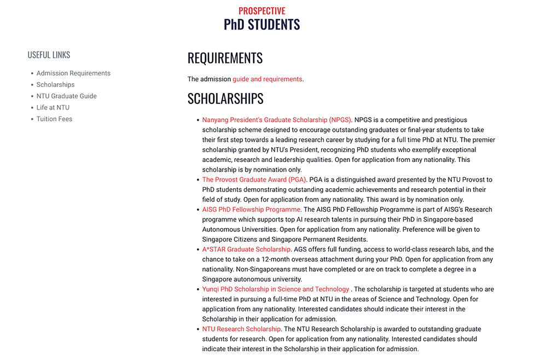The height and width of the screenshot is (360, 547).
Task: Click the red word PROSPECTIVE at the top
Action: point(261,11)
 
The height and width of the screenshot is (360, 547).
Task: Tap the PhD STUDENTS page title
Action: point(261,25)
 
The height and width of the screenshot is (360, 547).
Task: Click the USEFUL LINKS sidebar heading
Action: point(49,55)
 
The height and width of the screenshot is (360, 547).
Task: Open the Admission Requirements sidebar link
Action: point(73,73)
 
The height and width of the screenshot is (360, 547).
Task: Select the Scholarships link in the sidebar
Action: point(55,85)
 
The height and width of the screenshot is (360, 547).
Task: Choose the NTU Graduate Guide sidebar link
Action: point(66,96)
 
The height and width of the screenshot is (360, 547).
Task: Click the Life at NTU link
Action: point(53,108)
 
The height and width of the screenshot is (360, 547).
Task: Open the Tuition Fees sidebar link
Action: point(54,119)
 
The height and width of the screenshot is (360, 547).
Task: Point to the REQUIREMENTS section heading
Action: point(225,58)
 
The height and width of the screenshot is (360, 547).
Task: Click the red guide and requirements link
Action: point(267,79)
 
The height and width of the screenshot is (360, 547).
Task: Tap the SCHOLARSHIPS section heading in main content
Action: point(225,98)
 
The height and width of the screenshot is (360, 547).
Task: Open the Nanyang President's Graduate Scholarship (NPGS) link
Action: point(276,120)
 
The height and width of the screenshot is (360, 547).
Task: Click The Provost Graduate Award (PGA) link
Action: point(254,179)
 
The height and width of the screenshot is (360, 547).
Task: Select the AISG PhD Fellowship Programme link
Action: point(251,210)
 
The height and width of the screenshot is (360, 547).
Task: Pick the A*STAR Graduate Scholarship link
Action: point(246,249)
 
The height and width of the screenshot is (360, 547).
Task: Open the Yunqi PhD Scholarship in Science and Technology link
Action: point(275,289)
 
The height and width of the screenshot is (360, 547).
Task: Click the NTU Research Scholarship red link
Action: point(241,329)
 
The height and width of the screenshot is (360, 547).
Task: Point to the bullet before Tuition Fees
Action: point(32,119)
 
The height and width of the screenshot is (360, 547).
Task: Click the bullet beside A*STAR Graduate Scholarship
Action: point(197,249)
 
